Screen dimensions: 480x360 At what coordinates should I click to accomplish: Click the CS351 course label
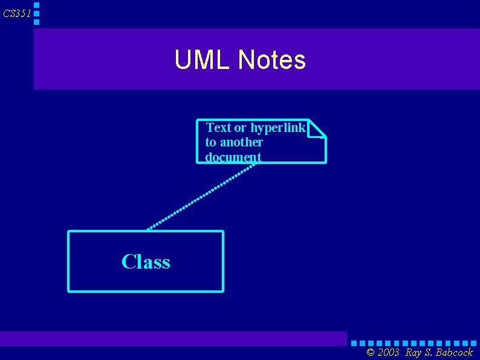[x=16, y=13]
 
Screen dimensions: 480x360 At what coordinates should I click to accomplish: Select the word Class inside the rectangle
[x=146, y=261]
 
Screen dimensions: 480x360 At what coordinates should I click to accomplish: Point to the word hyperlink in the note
[x=278, y=128]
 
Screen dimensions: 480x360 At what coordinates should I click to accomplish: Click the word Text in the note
[x=219, y=128]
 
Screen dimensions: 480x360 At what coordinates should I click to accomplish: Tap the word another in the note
[x=241, y=142]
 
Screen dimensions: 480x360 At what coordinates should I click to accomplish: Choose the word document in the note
[x=233, y=157]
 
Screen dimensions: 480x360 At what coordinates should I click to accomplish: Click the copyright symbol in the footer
[x=371, y=353]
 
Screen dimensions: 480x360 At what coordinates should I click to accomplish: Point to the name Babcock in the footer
[x=455, y=353]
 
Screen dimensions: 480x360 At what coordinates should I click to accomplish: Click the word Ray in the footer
[x=414, y=353]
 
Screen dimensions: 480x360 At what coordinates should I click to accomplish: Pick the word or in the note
[x=240, y=128]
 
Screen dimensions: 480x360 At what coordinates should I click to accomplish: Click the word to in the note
[x=210, y=142]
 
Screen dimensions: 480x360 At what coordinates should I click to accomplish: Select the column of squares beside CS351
[x=37, y=13]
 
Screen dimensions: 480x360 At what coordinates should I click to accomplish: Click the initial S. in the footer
[x=429, y=353]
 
